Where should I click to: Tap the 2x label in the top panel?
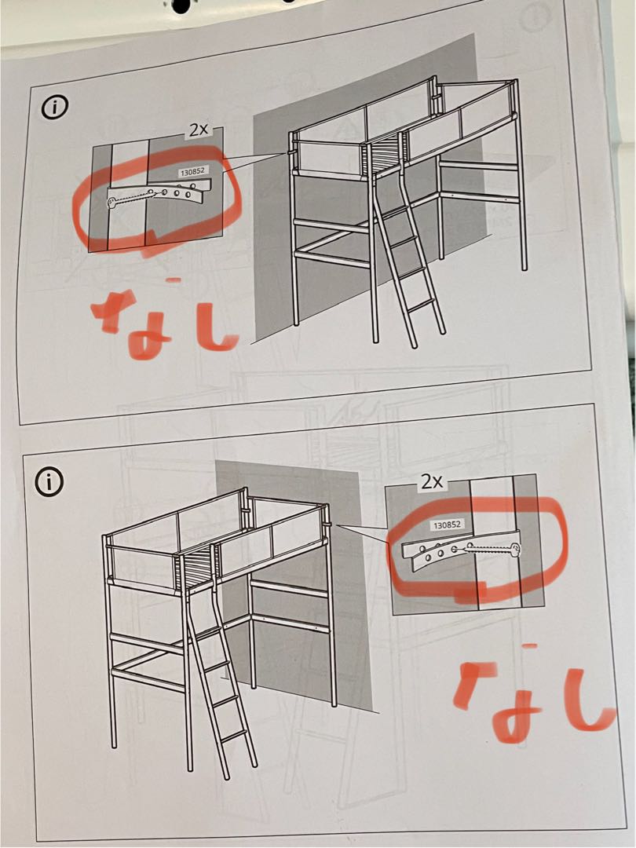[x=196, y=130]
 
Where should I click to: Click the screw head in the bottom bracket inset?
[x=516, y=549]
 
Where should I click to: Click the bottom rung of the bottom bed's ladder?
[x=235, y=736]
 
